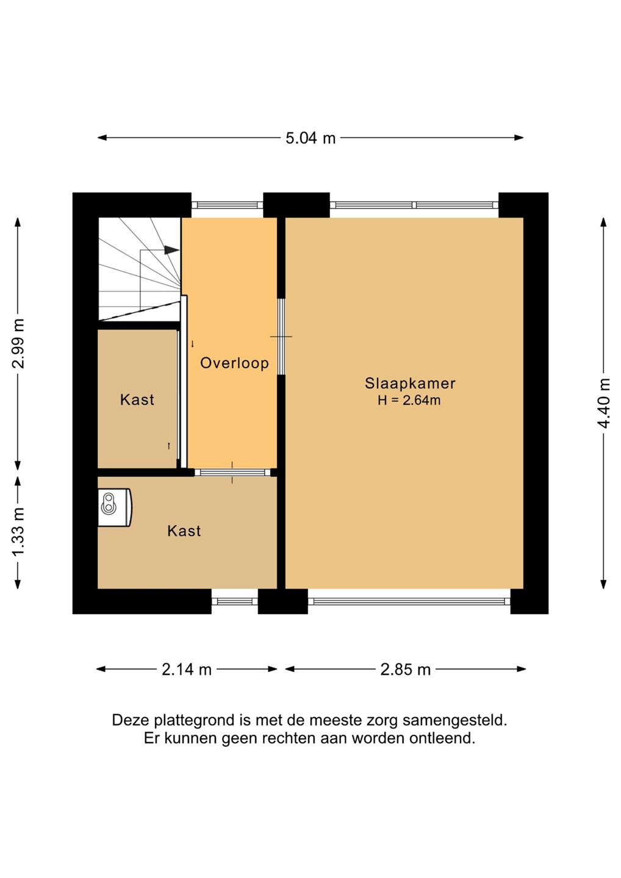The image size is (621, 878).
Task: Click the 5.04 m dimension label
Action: point(310,138)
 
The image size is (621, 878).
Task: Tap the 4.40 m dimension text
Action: point(604,404)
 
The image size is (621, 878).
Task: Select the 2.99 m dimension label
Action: point(18,344)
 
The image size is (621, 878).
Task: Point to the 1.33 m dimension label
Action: point(18,532)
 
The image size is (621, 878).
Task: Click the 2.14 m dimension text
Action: point(187,669)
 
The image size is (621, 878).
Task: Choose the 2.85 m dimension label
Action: point(406,669)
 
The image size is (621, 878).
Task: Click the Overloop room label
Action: point(234,363)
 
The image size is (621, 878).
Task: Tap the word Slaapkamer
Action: point(410,383)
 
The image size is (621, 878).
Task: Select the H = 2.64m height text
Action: point(409,400)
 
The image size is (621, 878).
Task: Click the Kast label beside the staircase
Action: point(137,400)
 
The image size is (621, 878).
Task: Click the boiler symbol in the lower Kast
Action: point(115,507)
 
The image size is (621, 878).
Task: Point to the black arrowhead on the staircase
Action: point(171,250)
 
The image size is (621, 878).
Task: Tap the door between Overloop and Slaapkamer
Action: point(281,337)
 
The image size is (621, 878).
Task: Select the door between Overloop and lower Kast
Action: point(232,473)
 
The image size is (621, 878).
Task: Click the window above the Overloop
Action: point(227,205)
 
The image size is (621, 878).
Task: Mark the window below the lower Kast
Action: point(234,601)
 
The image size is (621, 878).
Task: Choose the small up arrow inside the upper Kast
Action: point(169,446)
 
